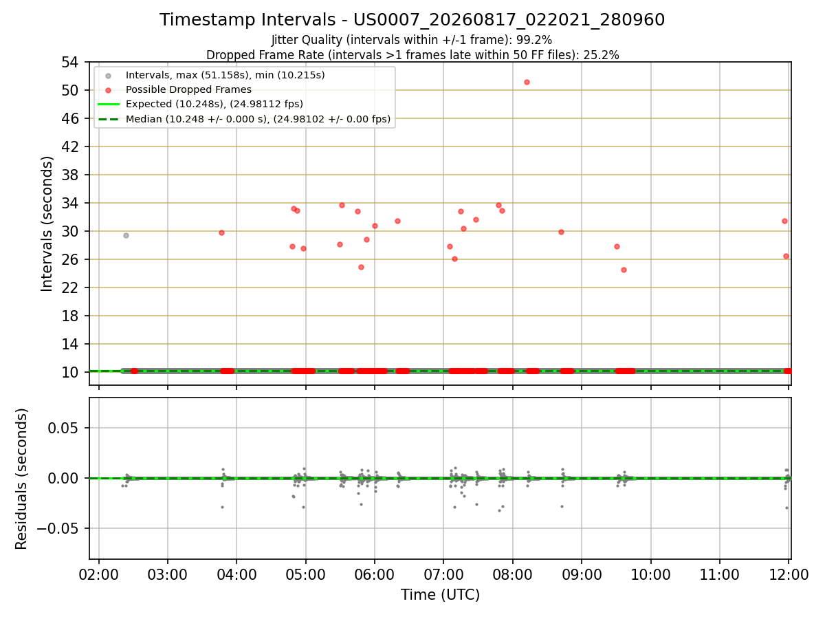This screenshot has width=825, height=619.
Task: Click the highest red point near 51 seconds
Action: (x=527, y=83)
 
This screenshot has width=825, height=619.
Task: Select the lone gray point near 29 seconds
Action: (x=126, y=236)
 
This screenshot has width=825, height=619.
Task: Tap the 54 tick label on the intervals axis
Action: (x=70, y=63)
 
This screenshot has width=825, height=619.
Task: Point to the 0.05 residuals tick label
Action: (x=63, y=428)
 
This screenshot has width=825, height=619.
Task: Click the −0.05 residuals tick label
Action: (x=58, y=529)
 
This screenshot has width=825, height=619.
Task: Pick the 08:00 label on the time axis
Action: (x=512, y=575)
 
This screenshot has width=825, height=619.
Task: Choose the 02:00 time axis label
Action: (x=98, y=575)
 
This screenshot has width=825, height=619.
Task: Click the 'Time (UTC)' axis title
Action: (x=440, y=595)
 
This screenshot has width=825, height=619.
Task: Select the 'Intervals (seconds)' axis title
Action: (x=47, y=224)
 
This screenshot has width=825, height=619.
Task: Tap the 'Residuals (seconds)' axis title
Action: (x=21, y=479)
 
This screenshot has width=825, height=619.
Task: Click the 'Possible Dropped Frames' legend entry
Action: (x=188, y=90)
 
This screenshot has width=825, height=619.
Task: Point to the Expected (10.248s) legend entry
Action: (x=214, y=104)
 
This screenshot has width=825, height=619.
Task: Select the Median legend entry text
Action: (x=258, y=119)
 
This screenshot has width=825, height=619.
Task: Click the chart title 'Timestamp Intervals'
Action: (x=247, y=20)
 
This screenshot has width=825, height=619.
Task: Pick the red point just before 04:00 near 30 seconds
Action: (x=222, y=233)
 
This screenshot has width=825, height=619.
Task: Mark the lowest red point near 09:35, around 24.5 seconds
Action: (x=624, y=270)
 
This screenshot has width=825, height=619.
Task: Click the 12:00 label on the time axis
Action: (x=789, y=575)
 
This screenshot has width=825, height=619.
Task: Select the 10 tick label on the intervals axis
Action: (x=70, y=373)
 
